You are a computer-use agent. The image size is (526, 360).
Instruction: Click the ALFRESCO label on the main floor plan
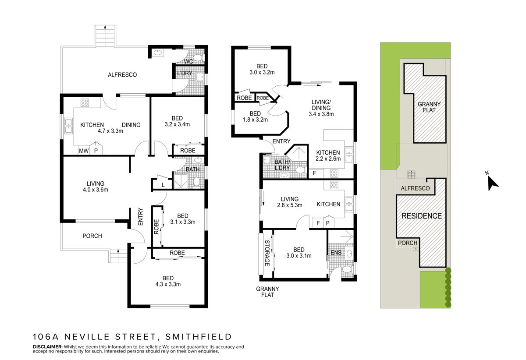point(122,75)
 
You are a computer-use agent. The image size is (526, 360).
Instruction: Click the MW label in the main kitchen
point(83,151)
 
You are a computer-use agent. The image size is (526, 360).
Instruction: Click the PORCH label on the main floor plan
point(92,236)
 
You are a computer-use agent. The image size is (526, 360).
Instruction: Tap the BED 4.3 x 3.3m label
point(168,281)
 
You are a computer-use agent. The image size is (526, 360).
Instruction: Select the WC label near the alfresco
point(189,62)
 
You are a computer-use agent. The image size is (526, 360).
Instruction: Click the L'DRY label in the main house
point(185,74)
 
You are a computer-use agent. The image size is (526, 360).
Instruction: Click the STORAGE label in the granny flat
point(267,253)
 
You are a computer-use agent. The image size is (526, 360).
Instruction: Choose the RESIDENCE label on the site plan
point(422,216)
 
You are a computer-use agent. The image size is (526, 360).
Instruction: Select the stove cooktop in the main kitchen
point(85,103)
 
